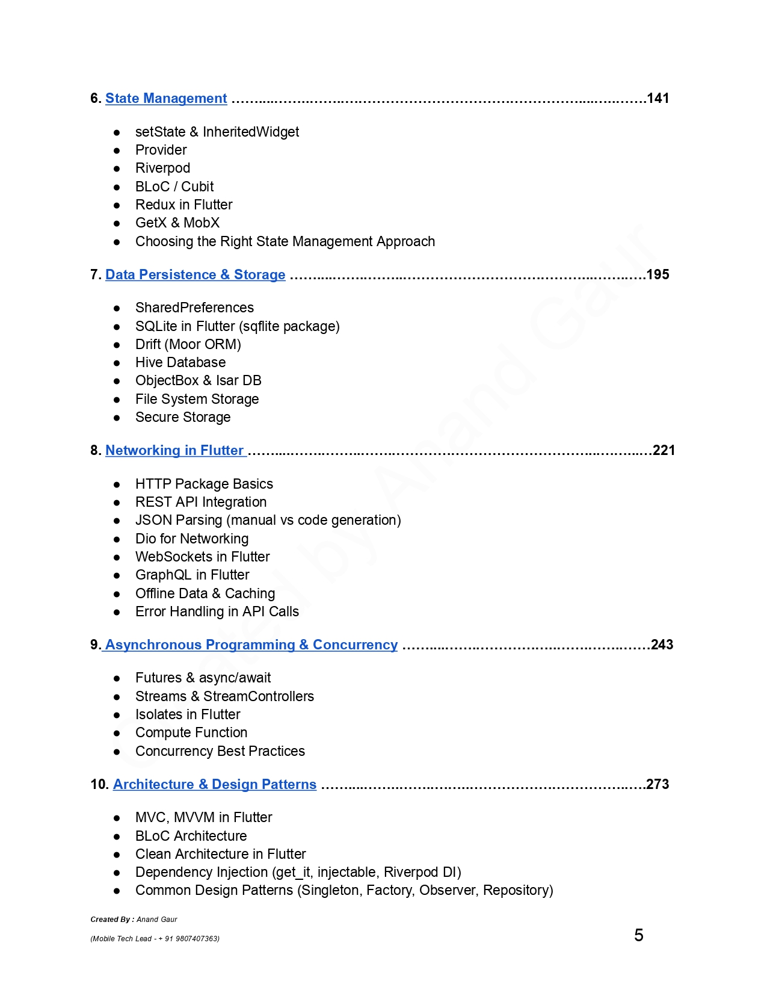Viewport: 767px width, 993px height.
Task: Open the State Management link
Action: click(166, 98)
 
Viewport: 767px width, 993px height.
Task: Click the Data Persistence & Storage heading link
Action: click(195, 274)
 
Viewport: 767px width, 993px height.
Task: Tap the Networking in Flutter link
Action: click(174, 450)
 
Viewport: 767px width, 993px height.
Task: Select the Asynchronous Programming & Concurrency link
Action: click(251, 645)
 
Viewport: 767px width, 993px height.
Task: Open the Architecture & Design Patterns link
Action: click(214, 784)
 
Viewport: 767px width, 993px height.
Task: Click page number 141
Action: click(658, 98)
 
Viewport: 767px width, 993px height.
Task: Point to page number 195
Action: click(658, 274)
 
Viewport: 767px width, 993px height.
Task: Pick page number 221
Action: click(664, 450)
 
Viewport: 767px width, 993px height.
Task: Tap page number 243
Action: click(662, 645)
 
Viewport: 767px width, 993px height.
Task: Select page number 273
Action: click(658, 784)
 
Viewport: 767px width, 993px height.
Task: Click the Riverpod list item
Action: click(162, 168)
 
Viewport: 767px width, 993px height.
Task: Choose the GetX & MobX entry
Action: click(177, 223)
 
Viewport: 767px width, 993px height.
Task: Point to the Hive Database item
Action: click(180, 362)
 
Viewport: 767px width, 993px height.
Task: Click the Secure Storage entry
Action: click(183, 417)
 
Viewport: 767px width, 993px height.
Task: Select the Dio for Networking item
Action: click(192, 539)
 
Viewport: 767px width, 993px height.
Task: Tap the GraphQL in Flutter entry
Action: click(192, 575)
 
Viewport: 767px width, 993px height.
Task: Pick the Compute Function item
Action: click(191, 732)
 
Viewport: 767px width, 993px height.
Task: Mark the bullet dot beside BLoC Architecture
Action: click(117, 837)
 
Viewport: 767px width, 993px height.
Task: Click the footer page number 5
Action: click(639, 935)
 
